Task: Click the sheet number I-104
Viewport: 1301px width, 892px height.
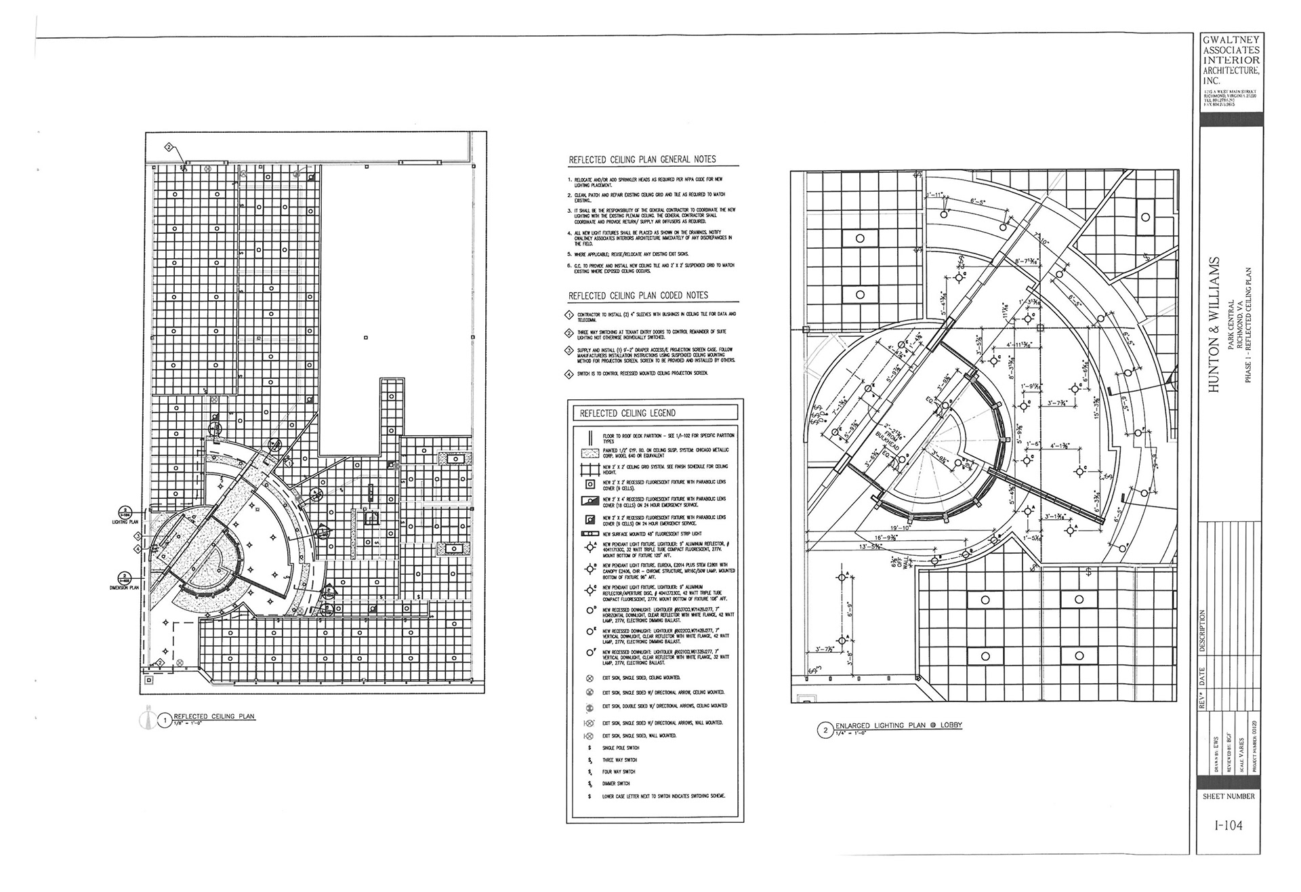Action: tap(1228, 826)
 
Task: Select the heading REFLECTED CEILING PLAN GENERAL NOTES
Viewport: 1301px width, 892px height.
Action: tap(642, 160)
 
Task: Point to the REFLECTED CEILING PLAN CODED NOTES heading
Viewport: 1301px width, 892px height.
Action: tap(638, 296)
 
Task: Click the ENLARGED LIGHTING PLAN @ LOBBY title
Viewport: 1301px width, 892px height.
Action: tap(898, 725)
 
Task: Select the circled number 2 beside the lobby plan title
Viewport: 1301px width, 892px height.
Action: tap(825, 731)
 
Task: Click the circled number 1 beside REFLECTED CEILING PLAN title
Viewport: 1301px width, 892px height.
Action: tap(164, 721)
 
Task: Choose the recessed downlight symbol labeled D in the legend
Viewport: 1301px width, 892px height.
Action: tap(589, 611)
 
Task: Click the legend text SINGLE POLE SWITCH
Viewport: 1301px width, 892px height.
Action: tap(620, 748)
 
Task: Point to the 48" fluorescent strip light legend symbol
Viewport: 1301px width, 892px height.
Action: tap(588, 534)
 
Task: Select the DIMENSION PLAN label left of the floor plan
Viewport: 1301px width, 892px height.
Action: tap(124, 588)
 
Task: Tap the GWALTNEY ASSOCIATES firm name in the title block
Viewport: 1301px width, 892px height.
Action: tap(1231, 49)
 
